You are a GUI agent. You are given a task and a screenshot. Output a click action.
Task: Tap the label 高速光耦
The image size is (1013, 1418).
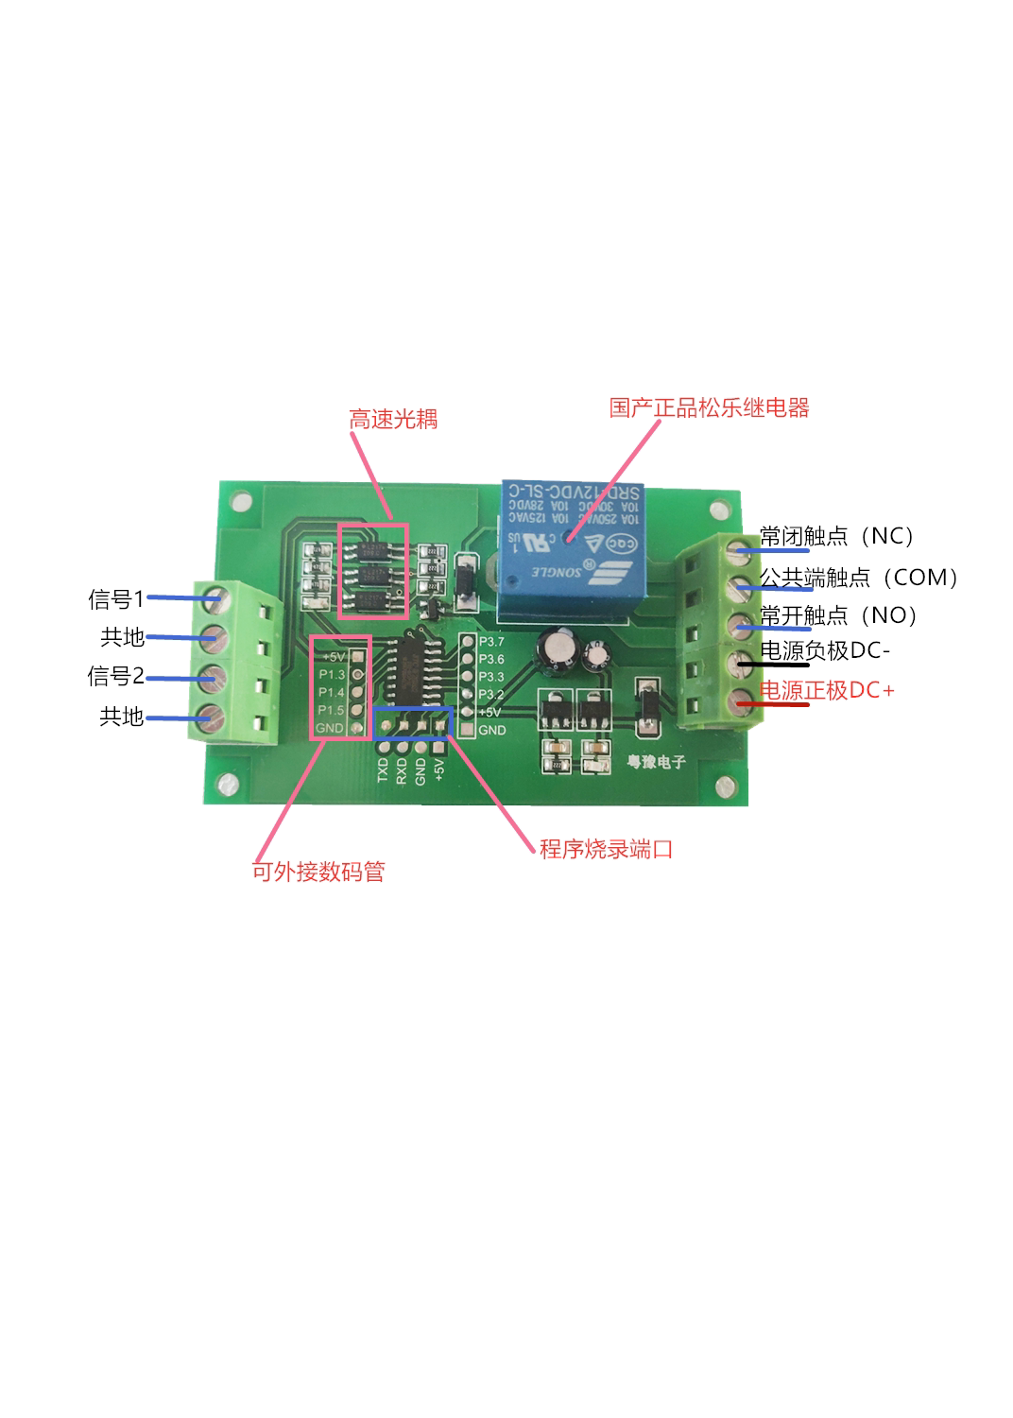coord(393,420)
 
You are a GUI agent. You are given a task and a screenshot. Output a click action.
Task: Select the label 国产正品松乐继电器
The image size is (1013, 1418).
coord(709,408)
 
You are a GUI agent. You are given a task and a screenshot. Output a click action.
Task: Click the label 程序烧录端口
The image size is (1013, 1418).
coord(606,849)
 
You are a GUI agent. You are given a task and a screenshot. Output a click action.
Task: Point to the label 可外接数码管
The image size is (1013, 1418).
coord(318,872)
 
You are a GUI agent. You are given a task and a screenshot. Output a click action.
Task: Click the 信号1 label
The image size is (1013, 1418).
coord(115,599)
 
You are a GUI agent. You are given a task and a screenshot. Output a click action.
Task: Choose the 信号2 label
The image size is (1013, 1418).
coord(115,677)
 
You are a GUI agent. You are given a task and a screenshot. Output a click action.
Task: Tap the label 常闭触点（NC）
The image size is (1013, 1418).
coord(837,537)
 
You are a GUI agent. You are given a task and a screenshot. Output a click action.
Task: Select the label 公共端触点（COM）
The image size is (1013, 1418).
coord(859,578)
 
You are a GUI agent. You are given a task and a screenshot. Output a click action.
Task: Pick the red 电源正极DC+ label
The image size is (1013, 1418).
coord(827,691)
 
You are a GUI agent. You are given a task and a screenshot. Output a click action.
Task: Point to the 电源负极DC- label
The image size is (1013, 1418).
coord(825,651)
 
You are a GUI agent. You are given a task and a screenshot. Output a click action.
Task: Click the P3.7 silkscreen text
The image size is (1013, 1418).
coord(491,642)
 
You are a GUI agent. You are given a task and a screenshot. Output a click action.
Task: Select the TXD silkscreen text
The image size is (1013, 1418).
coord(383,770)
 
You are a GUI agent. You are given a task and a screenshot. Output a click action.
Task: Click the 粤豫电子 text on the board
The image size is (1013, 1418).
coord(656,761)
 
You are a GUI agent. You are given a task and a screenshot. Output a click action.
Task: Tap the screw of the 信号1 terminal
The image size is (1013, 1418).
coord(215,597)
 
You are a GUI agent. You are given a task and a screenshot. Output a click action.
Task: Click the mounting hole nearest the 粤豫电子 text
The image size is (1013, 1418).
coord(725,786)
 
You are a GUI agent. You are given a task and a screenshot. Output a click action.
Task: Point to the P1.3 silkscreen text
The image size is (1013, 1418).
coord(332,675)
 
